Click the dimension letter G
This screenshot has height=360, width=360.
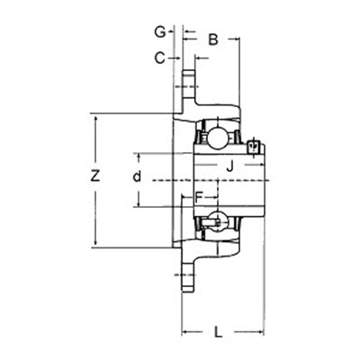tap(158, 31)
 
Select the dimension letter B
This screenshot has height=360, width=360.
tap(213, 39)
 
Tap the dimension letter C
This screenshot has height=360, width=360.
tap(158, 58)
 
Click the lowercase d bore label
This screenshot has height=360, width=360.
tap(137, 176)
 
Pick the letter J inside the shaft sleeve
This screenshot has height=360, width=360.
tap(229, 165)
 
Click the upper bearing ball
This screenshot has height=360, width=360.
tap(217, 138)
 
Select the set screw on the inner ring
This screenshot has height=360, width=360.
tap(254, 146)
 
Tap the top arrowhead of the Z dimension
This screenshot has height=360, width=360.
tap(97, 118)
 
